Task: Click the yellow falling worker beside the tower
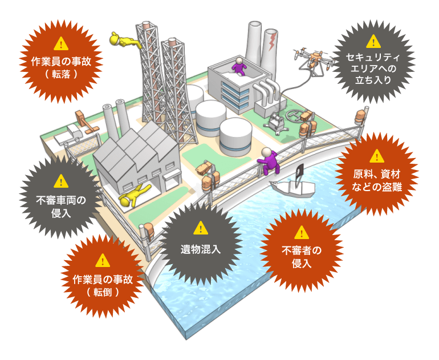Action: point(123,41)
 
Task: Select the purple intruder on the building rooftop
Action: point(239,66)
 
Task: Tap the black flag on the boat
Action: point(299,169)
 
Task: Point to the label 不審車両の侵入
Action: point(60,206)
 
